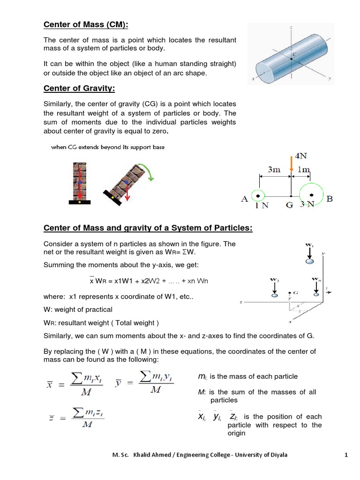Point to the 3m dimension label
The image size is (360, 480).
coord(274,170)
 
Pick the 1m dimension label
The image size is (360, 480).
coord(303,170)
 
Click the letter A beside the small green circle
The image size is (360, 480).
coord(244,199)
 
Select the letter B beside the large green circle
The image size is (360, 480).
coord(329,199)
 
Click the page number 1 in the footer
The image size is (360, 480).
coord(345,455)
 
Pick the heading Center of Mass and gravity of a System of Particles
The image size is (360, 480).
coord(148,228)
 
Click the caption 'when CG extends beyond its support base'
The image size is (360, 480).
coord(108,147)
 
